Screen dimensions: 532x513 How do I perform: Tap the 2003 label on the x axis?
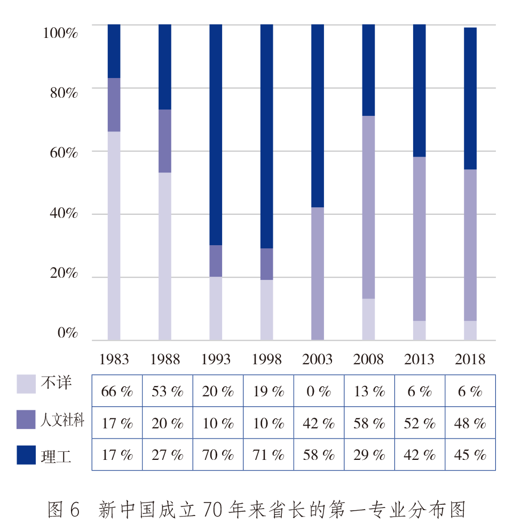[318, 359]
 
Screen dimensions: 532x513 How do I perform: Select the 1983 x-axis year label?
[114, 359]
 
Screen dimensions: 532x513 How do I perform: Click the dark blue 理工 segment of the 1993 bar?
[216, 134]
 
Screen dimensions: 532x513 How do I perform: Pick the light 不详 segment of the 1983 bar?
[114, 235]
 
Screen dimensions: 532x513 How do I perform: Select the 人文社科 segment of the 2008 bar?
[368, 207]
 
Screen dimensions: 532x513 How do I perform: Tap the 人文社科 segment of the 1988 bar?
[165, 140]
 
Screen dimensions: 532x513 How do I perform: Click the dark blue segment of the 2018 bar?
[470, 98]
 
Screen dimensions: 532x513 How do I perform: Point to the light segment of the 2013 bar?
[420, 330]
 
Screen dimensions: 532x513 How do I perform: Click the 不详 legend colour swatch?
[26, 384]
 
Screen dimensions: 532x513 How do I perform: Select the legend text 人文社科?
[62, 420]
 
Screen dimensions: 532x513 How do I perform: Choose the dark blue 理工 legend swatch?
[26, 455]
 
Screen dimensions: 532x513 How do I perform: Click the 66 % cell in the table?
[117, 392]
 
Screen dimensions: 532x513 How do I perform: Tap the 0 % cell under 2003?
[318, 392]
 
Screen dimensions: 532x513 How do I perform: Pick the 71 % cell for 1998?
[268, 455]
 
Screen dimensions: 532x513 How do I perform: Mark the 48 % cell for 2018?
[470, 424]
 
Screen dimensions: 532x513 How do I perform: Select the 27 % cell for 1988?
[167, 455]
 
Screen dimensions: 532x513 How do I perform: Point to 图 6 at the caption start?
[64, 510]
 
